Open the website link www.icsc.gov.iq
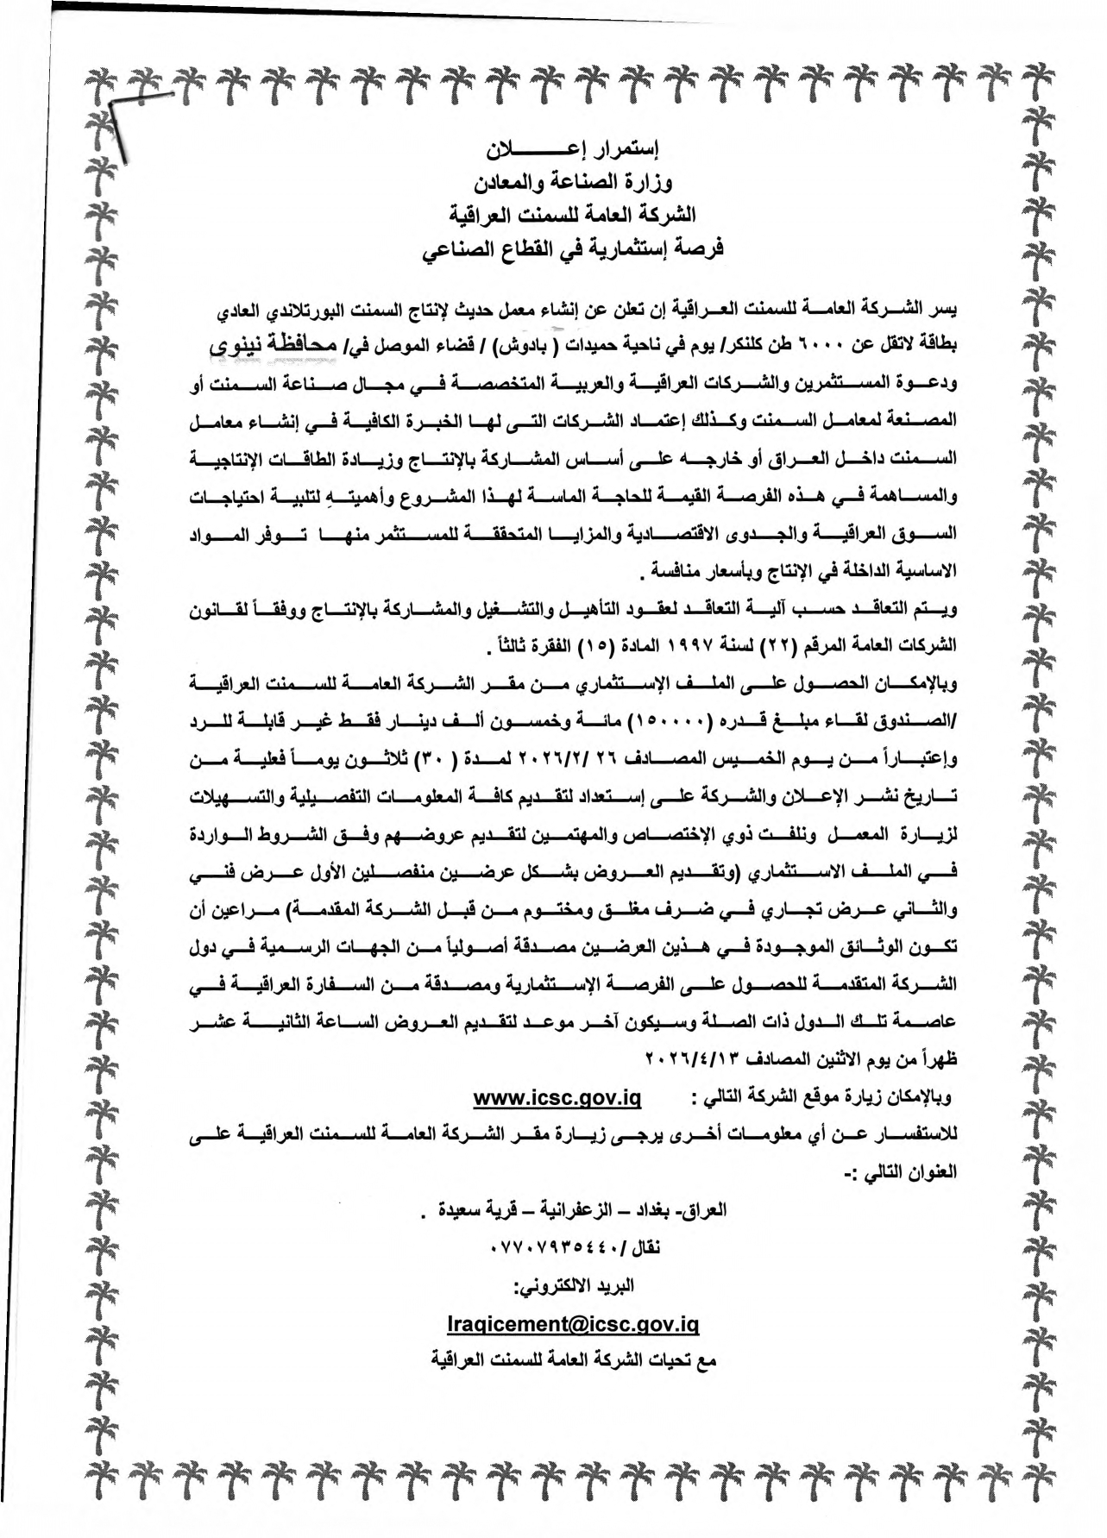click(557, 1098)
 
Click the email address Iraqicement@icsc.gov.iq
click(574, 1324)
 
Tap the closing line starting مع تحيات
click(575, 1361)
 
